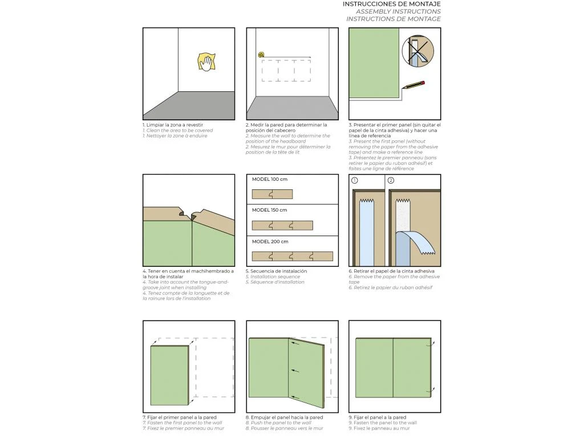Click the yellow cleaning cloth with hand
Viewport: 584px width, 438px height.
tap(206, 62)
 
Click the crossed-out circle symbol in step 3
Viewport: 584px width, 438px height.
tap(417, 50)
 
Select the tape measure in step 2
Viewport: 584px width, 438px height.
tap(261, 55)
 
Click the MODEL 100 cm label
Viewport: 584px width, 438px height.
tap(270, 179)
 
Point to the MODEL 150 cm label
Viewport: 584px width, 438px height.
tap(270, 210)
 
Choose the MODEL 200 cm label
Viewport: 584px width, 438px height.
tap(270, 241)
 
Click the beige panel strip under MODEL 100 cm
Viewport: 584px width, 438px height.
tap(272, 194)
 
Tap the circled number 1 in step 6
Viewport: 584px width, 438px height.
tap(355, 180)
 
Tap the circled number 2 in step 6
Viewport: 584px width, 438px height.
tap(391, 180)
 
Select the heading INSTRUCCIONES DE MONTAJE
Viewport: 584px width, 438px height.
tap(391, 4)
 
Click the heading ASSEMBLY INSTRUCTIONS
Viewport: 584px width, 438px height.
tap(398, 11)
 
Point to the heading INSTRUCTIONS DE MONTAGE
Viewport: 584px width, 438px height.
tap(393, 19)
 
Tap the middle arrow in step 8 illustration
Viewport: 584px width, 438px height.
tap(294, 371)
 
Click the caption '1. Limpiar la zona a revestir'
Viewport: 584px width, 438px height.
tap(173, 125)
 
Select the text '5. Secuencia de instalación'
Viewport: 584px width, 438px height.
tap(276, 271)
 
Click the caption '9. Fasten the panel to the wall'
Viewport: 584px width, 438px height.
tap(383, 423)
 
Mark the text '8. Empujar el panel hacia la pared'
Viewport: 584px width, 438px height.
tap(284, 417)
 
